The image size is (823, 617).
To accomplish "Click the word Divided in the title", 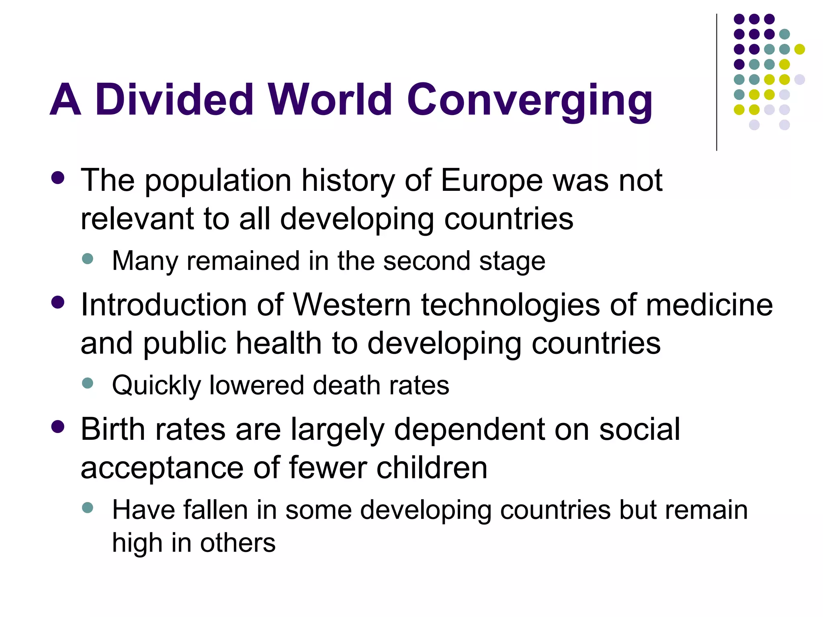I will click(174, 99).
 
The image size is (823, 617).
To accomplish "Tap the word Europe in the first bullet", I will click(491, 180).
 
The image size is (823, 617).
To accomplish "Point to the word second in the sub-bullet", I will click(426, 261).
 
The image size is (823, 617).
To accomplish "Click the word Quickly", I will click(156, 386).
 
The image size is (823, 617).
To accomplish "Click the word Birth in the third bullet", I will click(113, 429).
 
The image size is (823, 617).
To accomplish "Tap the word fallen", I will click(215, 510).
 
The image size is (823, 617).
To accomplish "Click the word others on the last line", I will click(237, 543).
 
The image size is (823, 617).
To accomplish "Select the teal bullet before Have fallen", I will click(87, 507).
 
